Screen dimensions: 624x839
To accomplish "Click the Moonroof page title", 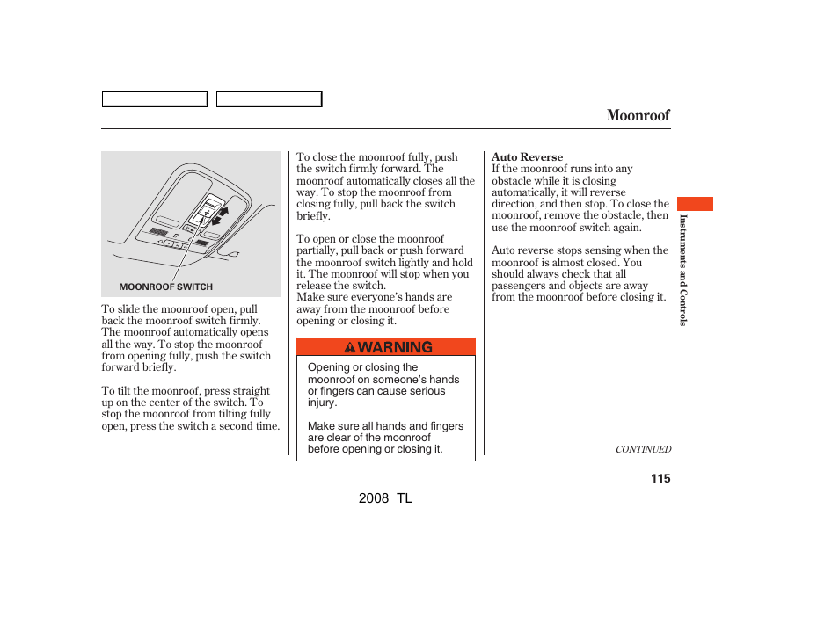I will tap(638, 115).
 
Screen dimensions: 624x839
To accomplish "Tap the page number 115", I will tap(660, 478).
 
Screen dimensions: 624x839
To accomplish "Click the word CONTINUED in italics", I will tap(643, 449).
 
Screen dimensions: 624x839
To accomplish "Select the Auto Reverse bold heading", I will tap(527, 157).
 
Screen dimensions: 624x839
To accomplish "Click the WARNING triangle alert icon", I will tap(350, 347).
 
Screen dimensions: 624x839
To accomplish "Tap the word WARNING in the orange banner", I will tap(396, 347).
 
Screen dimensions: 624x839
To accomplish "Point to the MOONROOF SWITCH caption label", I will tap(165, 287).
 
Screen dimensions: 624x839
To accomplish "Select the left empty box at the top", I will tap(155, 99).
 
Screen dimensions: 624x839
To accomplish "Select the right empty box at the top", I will tap(269, 99).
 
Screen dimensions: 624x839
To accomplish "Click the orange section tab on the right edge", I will tap(696, 204).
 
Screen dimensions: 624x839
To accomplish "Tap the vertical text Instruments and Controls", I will tap(682, 270).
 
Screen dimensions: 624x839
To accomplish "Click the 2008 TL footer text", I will tap(385, 498).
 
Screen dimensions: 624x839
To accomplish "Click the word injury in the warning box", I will tap(321, 403).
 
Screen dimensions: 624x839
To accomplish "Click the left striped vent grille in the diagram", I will tap(158, 232).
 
